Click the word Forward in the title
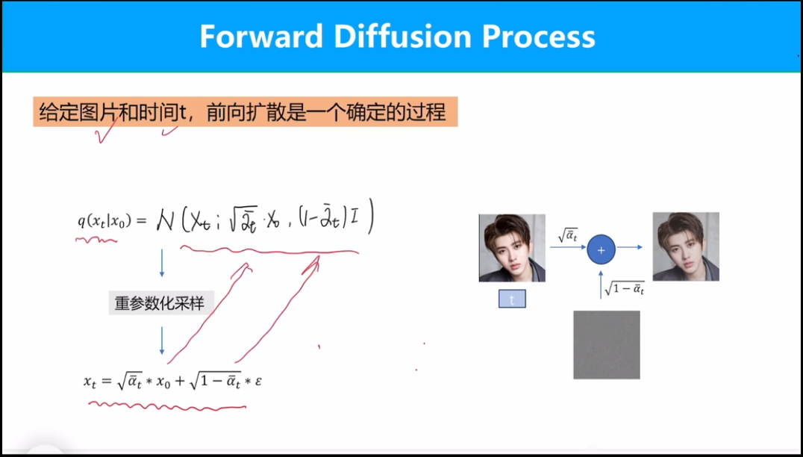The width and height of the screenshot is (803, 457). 261,37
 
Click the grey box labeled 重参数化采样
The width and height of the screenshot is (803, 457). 160,302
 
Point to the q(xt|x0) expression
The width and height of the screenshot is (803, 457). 105,221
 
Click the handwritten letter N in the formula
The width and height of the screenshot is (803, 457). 165,221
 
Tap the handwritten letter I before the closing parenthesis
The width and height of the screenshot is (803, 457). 354,220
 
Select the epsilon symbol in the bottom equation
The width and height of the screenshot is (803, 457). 257,381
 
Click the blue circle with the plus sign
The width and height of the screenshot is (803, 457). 601,249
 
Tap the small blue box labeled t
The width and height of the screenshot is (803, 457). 512,299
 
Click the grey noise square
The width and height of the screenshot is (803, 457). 606,344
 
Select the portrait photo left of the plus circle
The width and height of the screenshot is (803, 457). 512,248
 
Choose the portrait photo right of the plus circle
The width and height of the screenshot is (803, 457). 686,246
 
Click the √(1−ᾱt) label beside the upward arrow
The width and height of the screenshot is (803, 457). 625,288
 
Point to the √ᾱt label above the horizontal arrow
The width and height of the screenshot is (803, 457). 567,235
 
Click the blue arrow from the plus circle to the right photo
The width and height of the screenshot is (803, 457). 629,247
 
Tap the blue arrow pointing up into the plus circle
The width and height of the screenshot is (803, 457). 601,285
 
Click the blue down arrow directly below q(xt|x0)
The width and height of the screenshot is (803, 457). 162,264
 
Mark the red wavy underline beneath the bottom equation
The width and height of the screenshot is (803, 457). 167,406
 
